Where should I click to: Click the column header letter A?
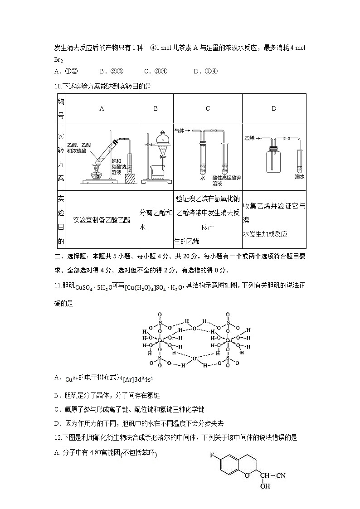102,109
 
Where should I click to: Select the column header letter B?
156,109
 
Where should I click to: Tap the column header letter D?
274,109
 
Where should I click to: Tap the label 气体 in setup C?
180,131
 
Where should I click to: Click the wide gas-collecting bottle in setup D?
273,159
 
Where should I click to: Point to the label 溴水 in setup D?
299,176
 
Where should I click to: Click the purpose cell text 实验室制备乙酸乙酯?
102,220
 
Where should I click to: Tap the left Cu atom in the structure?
160,339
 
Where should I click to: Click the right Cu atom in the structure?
229,339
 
